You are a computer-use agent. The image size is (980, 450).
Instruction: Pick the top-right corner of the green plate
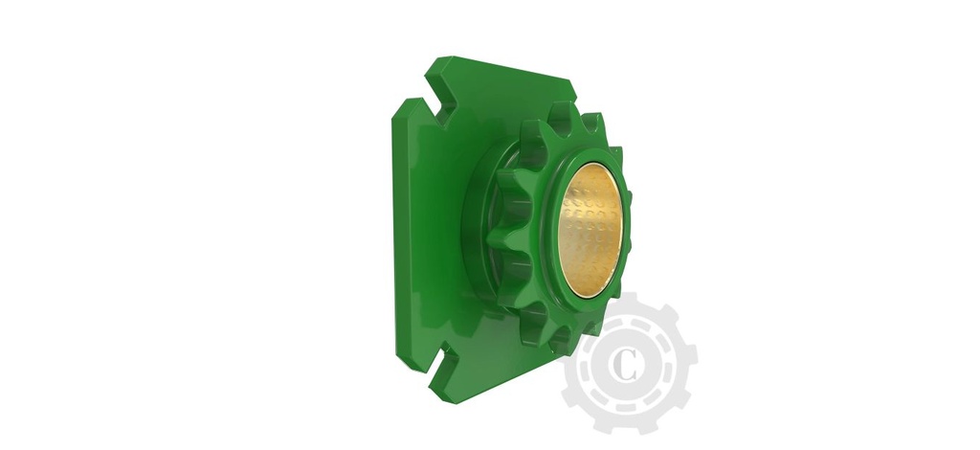(574, 80)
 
